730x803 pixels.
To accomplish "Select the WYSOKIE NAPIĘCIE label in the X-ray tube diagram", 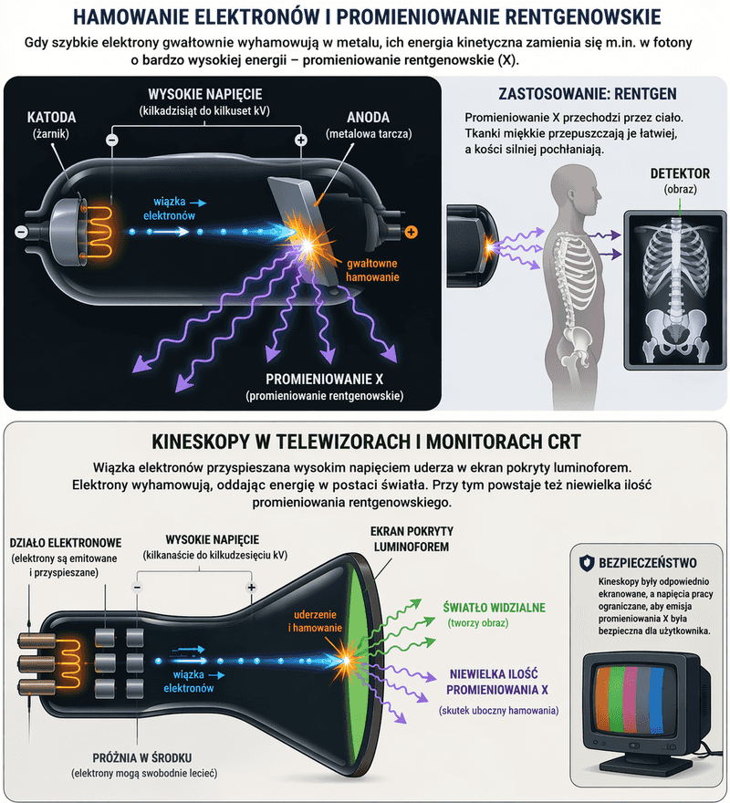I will (206, 95).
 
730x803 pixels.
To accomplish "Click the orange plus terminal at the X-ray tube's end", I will (411, 233).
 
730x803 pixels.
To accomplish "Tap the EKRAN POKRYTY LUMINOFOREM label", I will (412, 537).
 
